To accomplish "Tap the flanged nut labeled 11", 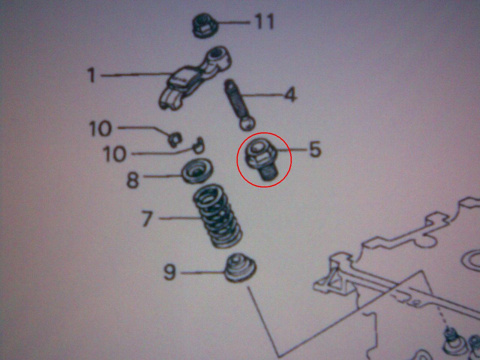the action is click(x=205, y=26).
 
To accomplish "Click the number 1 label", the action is click(x=91, y=75).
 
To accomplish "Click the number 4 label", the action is click(x=290, y=94).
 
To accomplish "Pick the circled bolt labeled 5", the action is click(x=261, y=159).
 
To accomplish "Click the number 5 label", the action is click(x=315, y=149).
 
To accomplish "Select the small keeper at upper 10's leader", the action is click(x=175, y=139).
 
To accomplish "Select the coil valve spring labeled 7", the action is click(x=217, y=216).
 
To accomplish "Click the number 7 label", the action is click(x=147, y=218).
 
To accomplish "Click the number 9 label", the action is click(x=169, y=272).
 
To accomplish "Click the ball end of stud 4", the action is click(x=247, y=124).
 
